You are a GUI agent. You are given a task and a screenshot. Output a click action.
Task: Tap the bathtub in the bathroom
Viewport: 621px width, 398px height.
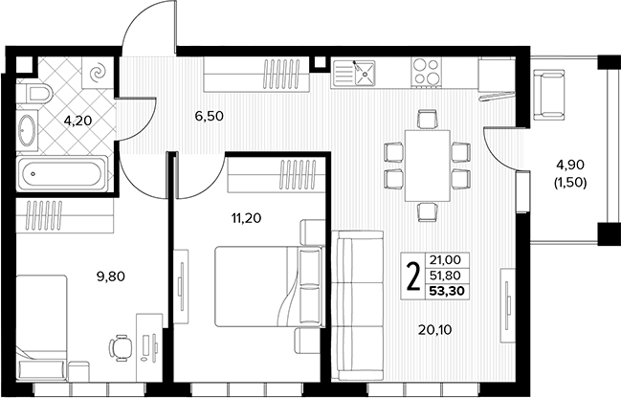62,173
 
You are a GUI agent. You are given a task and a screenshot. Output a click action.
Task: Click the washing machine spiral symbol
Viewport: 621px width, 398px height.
98,74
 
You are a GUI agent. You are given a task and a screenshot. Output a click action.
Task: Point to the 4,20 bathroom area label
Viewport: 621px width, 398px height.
78,121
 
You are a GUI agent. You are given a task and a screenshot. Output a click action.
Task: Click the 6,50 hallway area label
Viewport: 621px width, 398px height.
210,116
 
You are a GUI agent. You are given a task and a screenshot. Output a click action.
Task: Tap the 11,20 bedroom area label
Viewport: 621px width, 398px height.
246,218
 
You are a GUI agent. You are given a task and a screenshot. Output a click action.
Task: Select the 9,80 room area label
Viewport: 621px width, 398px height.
110,276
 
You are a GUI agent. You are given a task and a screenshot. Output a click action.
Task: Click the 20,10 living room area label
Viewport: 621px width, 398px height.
434,329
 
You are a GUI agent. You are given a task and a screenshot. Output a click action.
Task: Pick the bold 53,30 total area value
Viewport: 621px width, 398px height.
447,292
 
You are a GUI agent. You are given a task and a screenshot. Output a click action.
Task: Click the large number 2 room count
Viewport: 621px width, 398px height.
413,277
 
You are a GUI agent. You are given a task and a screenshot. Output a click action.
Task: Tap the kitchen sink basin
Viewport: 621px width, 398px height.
365,73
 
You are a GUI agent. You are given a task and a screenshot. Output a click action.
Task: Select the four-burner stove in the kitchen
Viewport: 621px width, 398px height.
426,72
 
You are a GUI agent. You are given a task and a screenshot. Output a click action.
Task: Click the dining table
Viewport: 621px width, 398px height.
428,166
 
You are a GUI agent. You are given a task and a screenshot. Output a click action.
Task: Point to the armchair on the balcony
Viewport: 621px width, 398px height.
548,95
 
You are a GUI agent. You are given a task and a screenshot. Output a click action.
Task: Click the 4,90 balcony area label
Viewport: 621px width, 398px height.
570,165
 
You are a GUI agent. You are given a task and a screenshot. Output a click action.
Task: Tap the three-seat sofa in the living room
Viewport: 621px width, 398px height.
358,306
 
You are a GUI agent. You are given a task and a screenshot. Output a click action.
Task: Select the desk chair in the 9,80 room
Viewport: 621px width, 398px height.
121,348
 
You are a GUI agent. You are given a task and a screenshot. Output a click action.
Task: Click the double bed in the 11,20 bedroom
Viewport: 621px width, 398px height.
270,286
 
